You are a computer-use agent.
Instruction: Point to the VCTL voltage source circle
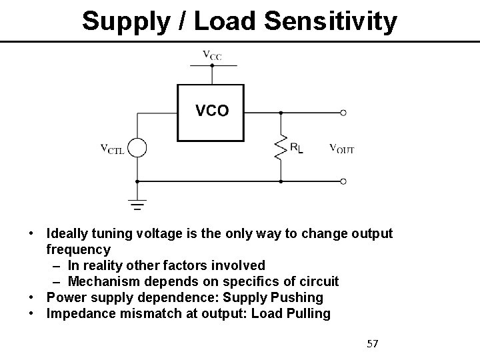[137, 148]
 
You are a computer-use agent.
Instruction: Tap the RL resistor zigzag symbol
[281, 148]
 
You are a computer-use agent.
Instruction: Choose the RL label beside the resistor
[296, 149]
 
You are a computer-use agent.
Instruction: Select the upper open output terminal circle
[344, 113]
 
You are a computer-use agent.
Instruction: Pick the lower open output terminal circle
[344, 181]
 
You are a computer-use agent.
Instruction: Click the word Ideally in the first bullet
[68, 234]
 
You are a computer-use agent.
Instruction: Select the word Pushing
[298, 297]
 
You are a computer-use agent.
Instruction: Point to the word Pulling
[307, 313]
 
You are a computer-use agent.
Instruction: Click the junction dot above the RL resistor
[281, 113]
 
